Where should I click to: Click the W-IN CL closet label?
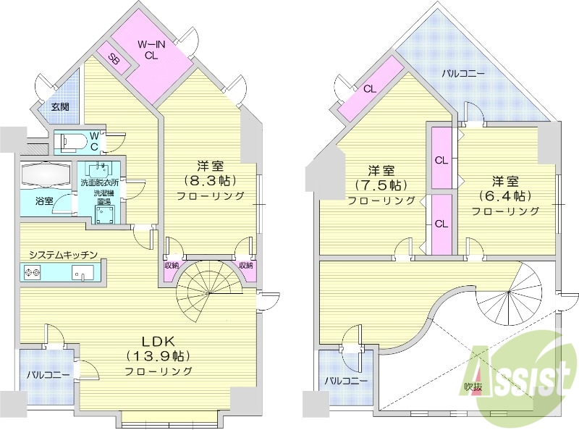[x=153, y=48]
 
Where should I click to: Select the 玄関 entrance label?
[x=60, y=106]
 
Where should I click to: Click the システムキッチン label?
[x=63, y=255]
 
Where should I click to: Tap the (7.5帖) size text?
[x=380, y=185]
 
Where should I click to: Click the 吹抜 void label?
[x=474, y=387]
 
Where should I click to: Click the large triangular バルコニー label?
[x=463, y=73]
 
